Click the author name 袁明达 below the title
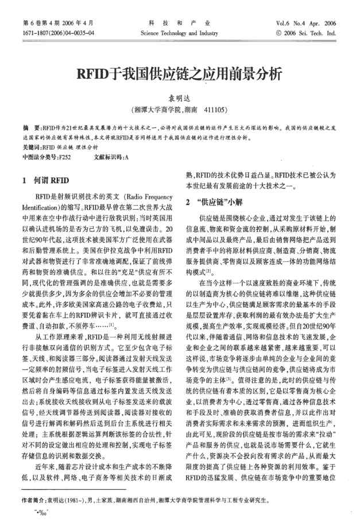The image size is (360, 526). tap(179, 98)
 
